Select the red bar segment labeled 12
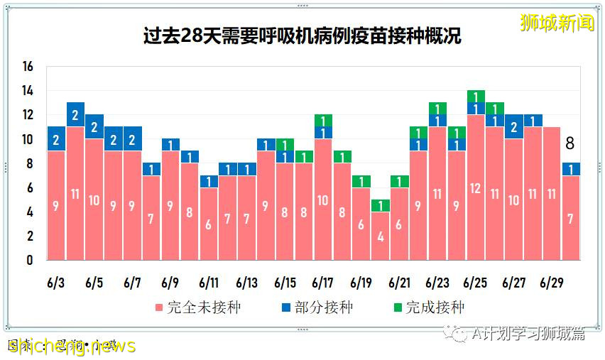476,187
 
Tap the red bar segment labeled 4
381,236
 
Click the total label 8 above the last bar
569,144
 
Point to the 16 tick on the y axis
28,67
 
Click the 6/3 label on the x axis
56,283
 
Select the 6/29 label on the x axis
551,283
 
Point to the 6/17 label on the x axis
323,283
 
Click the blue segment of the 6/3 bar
57,139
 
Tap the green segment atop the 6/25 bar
476,97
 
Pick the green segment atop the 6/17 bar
323,121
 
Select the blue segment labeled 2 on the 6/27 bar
513,127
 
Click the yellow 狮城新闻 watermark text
557,23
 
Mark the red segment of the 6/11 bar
209,224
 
